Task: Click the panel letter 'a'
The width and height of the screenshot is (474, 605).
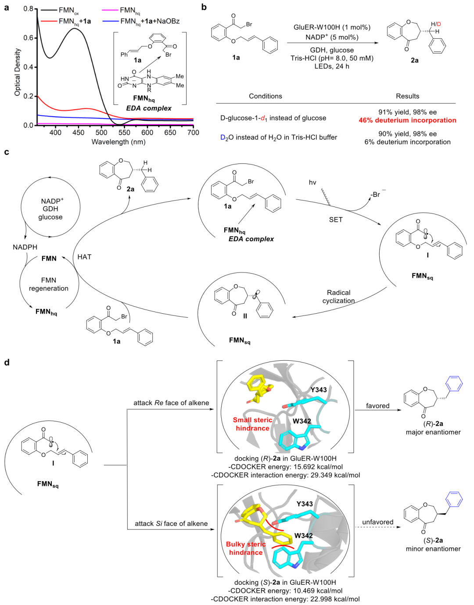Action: coord(7,8)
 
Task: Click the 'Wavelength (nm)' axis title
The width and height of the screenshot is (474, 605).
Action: coord(118,142)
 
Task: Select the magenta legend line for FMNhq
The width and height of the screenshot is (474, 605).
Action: coord(110,10)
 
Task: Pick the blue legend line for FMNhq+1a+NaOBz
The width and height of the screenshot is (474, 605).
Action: coord(110,21)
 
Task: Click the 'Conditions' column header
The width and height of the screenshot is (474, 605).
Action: coord(266,96)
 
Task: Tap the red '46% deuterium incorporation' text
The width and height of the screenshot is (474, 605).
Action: coord(407,120)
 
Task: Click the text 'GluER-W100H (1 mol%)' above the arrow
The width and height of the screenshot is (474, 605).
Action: coord(332,27)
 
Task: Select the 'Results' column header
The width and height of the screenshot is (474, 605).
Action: coord(407,96)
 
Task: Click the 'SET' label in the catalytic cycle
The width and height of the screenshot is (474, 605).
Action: coord(336,220)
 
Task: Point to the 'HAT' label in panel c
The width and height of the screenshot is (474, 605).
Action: coord(84,257)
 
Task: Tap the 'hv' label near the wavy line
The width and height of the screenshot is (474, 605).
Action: coord(312,182)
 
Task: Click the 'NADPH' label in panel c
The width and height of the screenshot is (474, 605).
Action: coord(25,247)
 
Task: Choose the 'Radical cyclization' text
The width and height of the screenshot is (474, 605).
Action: coord(339,297)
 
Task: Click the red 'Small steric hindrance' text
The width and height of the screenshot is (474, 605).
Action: coord(252,424)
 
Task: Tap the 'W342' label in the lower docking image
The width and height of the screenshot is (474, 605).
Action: coord(304,536)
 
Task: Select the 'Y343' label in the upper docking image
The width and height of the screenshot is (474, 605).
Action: coord(319,390)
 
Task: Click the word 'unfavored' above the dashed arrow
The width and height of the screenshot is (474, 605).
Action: coord(377,522)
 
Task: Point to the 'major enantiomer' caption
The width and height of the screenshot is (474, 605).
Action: coord(433,432)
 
